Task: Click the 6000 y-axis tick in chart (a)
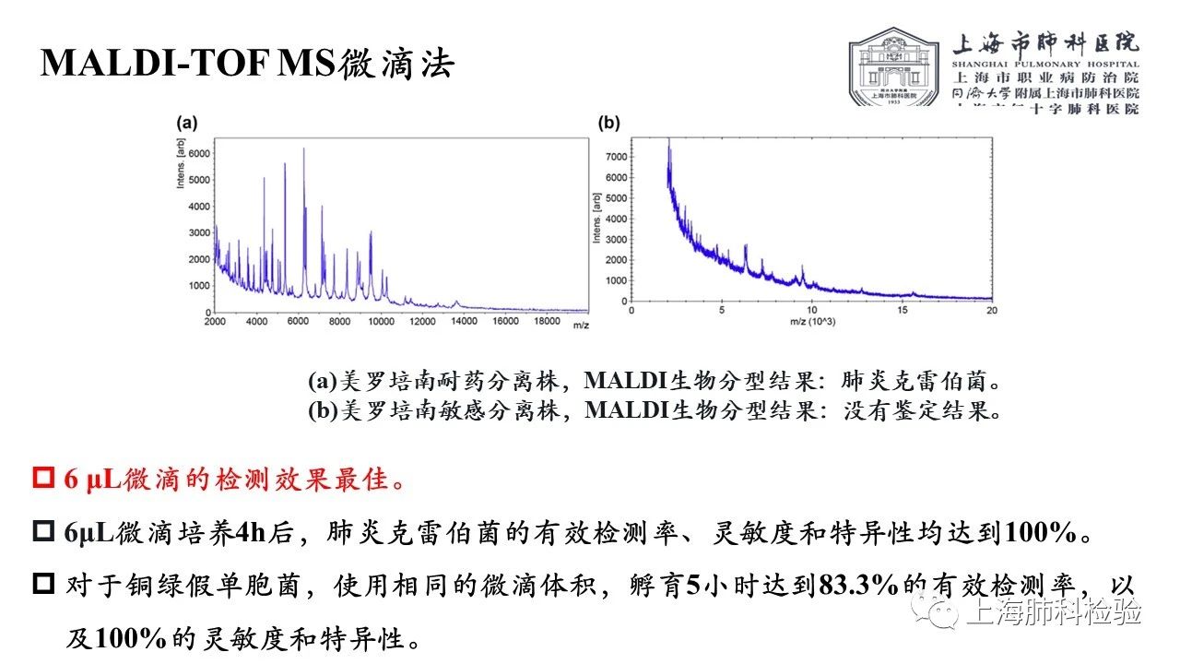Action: coord(198,153)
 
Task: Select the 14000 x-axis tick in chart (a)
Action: coord(464,321)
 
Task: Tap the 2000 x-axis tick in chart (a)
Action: coord(215,321)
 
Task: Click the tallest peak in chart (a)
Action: coord(304,149)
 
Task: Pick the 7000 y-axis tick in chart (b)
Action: coord(615,157)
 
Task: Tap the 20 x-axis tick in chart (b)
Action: coord(992,311)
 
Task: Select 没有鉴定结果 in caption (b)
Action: coord(922,409)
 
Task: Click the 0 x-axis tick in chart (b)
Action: coord(631,311)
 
